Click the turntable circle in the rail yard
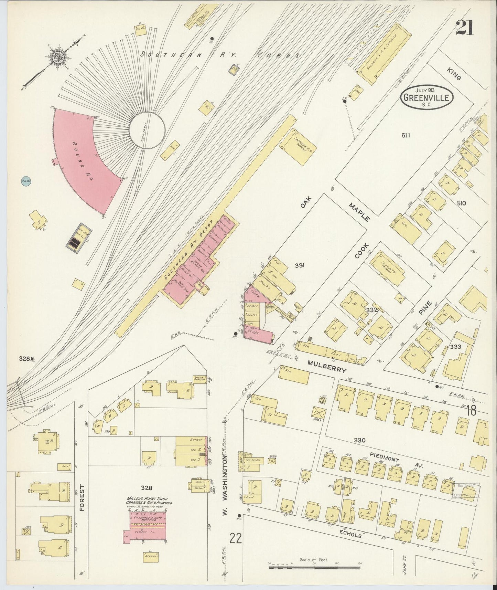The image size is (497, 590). pyautogui.click(x=147, y=131)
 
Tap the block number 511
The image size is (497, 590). pyautogui.click(x=406, y=135)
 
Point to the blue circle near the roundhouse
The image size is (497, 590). pyautogui.click(x=25, y=181)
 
